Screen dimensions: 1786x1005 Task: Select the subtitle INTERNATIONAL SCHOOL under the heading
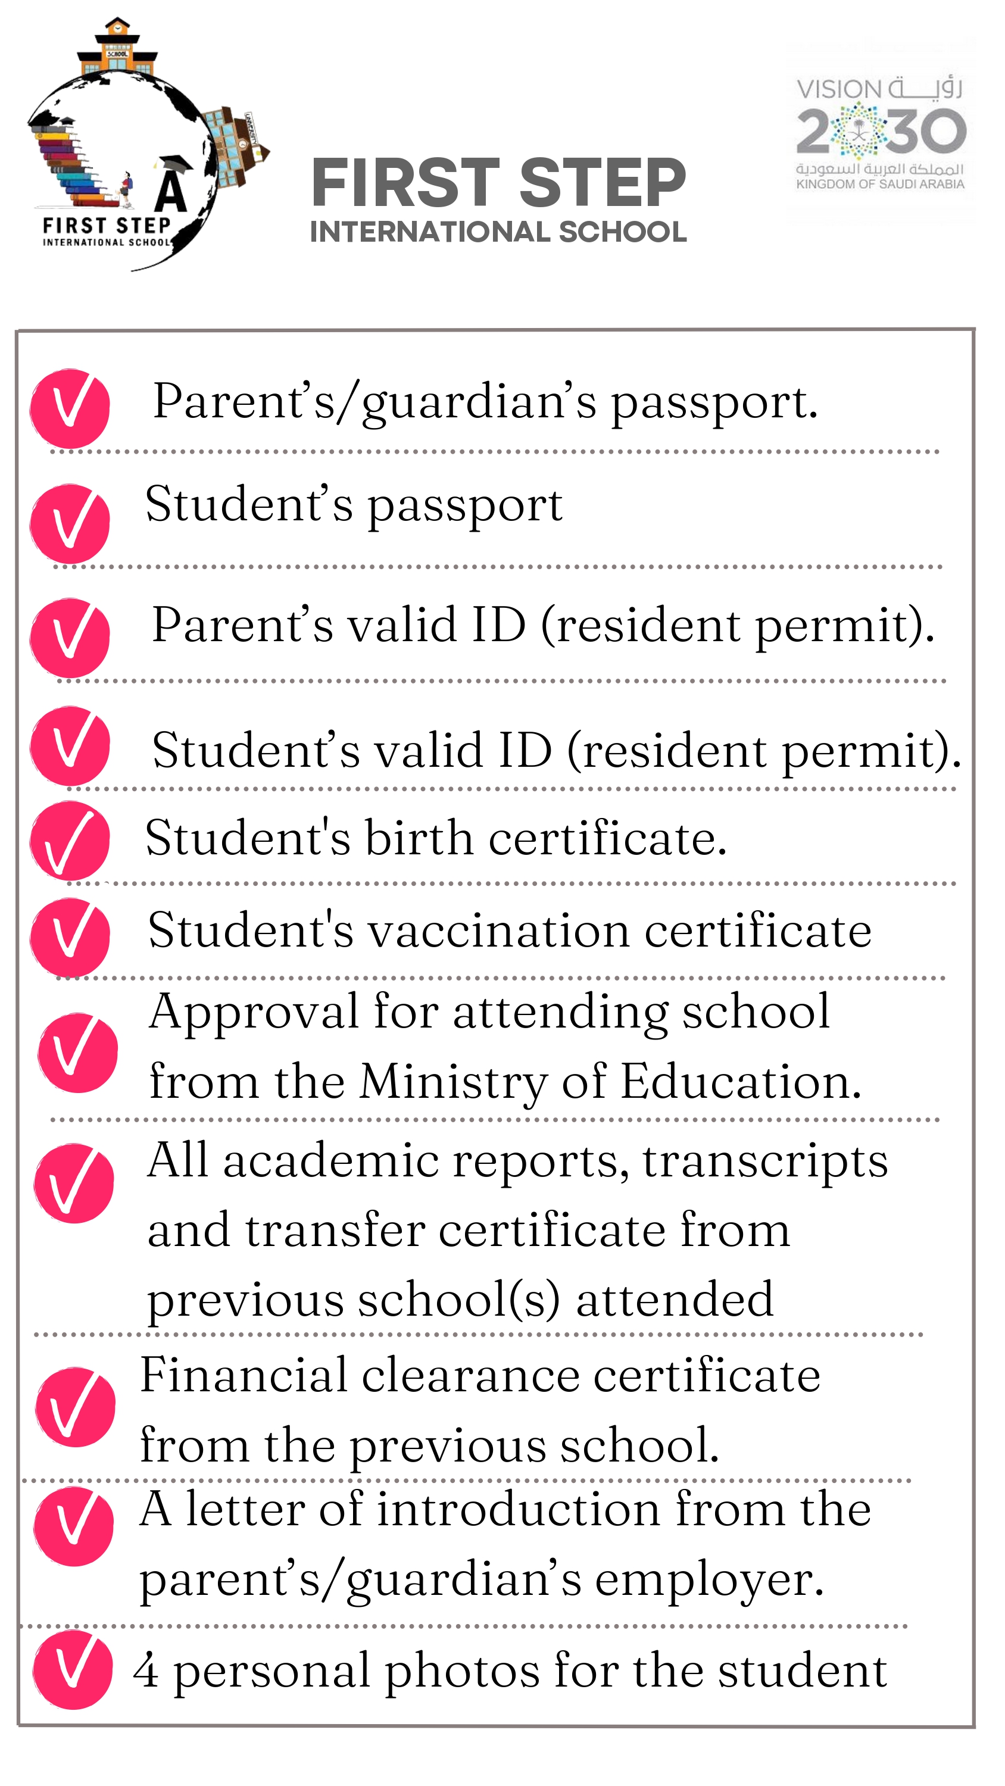[498, 232]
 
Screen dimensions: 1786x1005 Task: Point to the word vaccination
[500, 931]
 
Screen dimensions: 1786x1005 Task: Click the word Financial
[244, 1376]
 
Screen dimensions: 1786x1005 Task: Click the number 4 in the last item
[146, 1671]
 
